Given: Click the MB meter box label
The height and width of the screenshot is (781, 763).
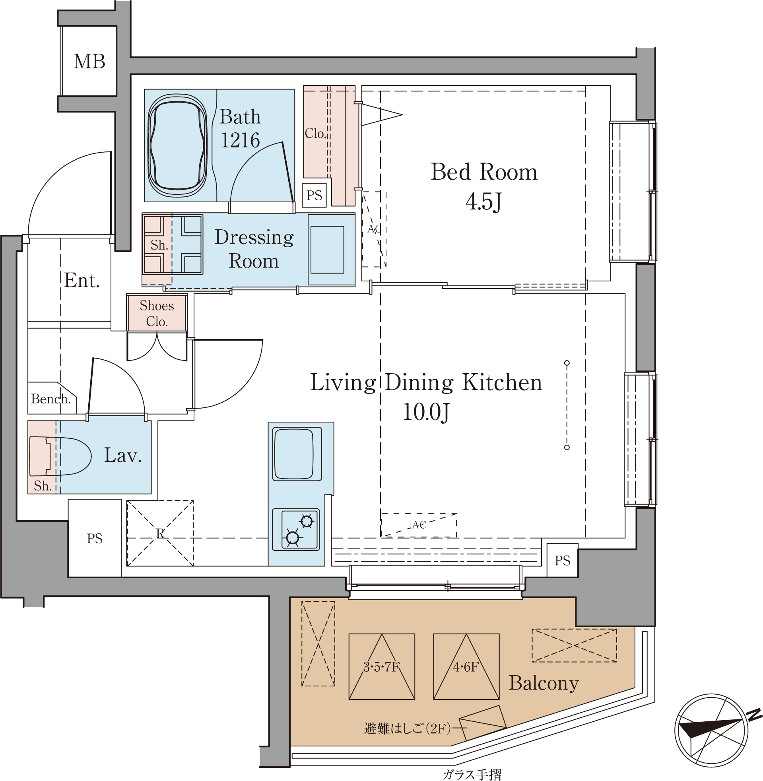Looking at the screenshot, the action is click(x=89, y=62).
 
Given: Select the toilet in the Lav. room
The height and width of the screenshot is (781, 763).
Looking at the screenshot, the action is click(x=60, y=456).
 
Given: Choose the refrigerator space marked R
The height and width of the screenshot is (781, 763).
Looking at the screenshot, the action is click(x=160, y=533).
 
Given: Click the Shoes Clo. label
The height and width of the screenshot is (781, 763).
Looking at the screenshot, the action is click(x=157, y=314).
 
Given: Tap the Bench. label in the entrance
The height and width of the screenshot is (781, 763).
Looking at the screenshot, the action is click(x=51, y=399).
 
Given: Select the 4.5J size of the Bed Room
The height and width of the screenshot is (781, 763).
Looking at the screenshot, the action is click(x=484, y=202).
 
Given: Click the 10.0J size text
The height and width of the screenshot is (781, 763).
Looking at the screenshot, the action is click(x=425, y=412).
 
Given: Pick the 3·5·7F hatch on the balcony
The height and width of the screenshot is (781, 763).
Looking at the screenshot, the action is click(x=382, y=667).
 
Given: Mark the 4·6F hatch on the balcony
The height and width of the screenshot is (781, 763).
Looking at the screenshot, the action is click(x=466, y=667).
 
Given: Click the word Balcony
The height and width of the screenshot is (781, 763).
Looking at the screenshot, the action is click(x=544, y=683).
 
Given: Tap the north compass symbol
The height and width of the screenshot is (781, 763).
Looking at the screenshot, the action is click(x=712, y=730).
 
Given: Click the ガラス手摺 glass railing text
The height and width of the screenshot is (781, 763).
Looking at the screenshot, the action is click(x=472, y=775).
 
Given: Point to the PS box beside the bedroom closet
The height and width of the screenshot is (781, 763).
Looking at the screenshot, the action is click(x=314, y=196).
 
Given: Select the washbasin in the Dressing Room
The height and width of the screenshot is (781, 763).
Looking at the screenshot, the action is click(x=327, y=250).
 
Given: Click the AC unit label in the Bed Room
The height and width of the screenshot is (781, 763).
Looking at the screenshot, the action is click(x=374, y=229).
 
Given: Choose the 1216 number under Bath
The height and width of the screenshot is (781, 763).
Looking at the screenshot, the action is click(x=241, y=140).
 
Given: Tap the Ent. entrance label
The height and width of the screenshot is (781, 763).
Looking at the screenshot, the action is click(x=82, y=280).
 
